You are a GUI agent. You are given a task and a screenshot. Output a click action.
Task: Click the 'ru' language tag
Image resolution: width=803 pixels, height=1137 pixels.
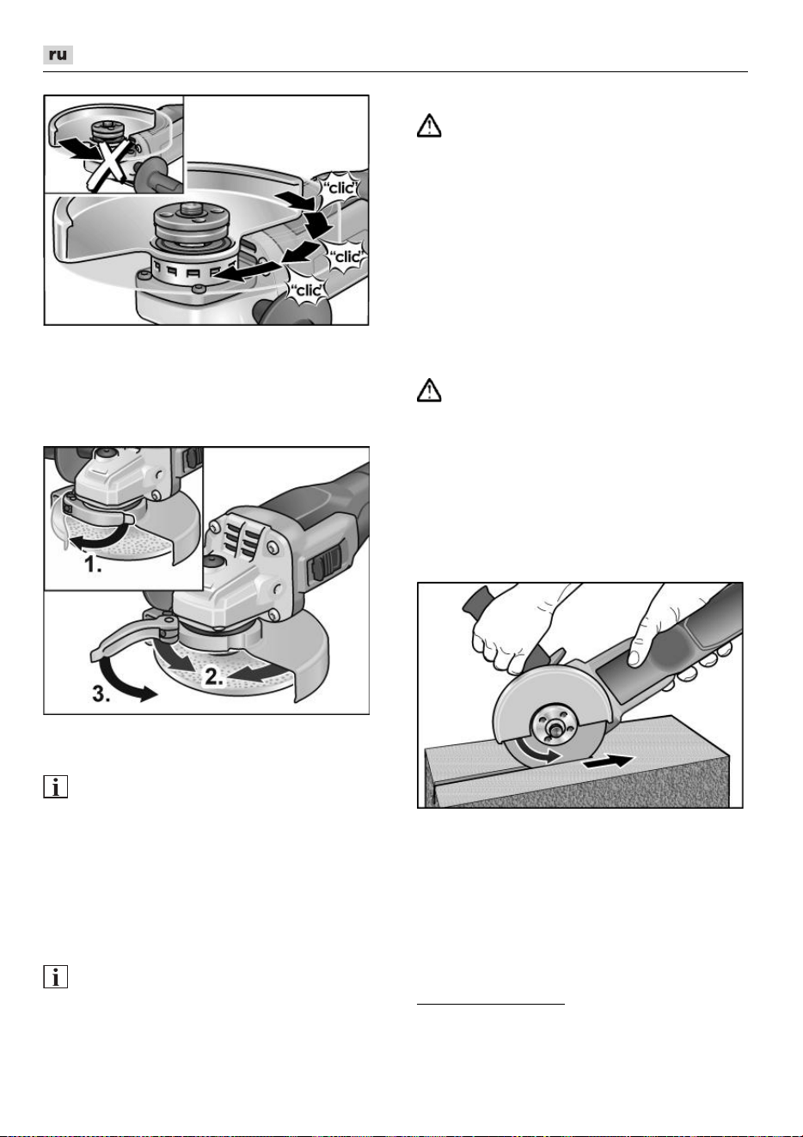[x=58, y=55]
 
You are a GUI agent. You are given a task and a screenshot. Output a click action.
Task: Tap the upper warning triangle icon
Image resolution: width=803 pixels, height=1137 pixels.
[x=429, y=125]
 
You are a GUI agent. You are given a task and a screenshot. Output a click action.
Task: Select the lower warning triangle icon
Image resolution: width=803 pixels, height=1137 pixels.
[x=429, y=390]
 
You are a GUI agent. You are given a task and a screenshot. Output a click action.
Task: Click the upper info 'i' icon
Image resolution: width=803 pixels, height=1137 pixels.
[x=55, y=786]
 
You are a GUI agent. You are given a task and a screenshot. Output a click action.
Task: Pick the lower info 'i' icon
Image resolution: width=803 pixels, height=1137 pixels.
[x=55, y=976]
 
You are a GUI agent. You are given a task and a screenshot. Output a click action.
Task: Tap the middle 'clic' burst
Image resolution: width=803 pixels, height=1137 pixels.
[x=346, y=256]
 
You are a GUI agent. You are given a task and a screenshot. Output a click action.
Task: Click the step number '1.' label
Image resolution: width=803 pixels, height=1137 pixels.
[x=93, y=564]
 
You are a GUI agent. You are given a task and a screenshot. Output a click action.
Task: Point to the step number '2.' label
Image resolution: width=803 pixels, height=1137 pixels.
[x=213, y=676]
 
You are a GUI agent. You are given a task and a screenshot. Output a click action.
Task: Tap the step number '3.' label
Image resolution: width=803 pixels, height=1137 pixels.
[x=101, y=694]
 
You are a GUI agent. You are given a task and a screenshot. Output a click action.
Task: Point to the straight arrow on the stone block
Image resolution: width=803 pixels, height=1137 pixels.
[x=609, y=761]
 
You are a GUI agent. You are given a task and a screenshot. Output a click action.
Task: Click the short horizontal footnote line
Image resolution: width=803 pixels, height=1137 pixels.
[x=491, y=1004]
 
